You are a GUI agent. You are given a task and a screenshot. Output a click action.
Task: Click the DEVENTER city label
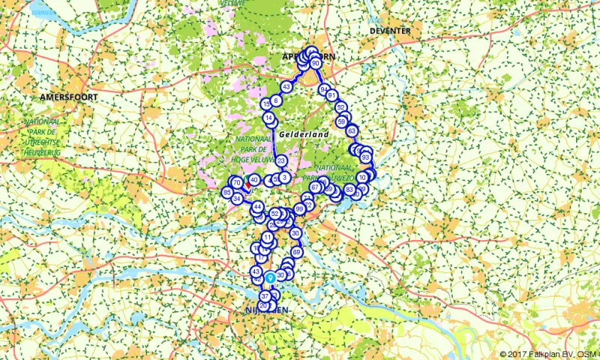pos(390,31)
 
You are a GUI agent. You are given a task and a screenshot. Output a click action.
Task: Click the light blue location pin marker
pos(269,277)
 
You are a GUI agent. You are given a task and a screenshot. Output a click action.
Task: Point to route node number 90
pos(316,64)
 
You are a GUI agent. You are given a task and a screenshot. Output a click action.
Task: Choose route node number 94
pos(324,89)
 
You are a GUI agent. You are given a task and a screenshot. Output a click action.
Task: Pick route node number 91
pos(331,96)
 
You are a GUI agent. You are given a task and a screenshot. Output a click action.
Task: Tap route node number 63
pos(352,131)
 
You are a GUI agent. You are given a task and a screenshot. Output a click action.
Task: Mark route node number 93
pos(365,157)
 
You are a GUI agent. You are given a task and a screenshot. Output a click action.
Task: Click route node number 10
pos(362,178)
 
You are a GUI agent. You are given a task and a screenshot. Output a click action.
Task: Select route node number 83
pos(349,189)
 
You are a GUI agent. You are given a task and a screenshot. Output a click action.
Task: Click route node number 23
pos(281,161)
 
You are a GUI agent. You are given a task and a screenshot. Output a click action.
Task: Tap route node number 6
pos(276,100)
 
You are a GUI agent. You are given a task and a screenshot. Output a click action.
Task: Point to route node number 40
pos(254,180)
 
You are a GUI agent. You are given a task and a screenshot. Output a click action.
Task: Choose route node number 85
pos(226,193)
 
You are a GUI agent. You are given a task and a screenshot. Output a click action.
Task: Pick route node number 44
pos(257,207)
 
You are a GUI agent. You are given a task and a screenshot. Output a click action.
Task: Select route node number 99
pos(299,208)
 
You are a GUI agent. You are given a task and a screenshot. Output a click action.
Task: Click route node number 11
pos(268,238)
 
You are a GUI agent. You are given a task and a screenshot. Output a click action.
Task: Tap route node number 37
pos(265,297)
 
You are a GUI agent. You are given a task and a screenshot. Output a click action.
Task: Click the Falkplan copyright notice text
pos(548,354)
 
